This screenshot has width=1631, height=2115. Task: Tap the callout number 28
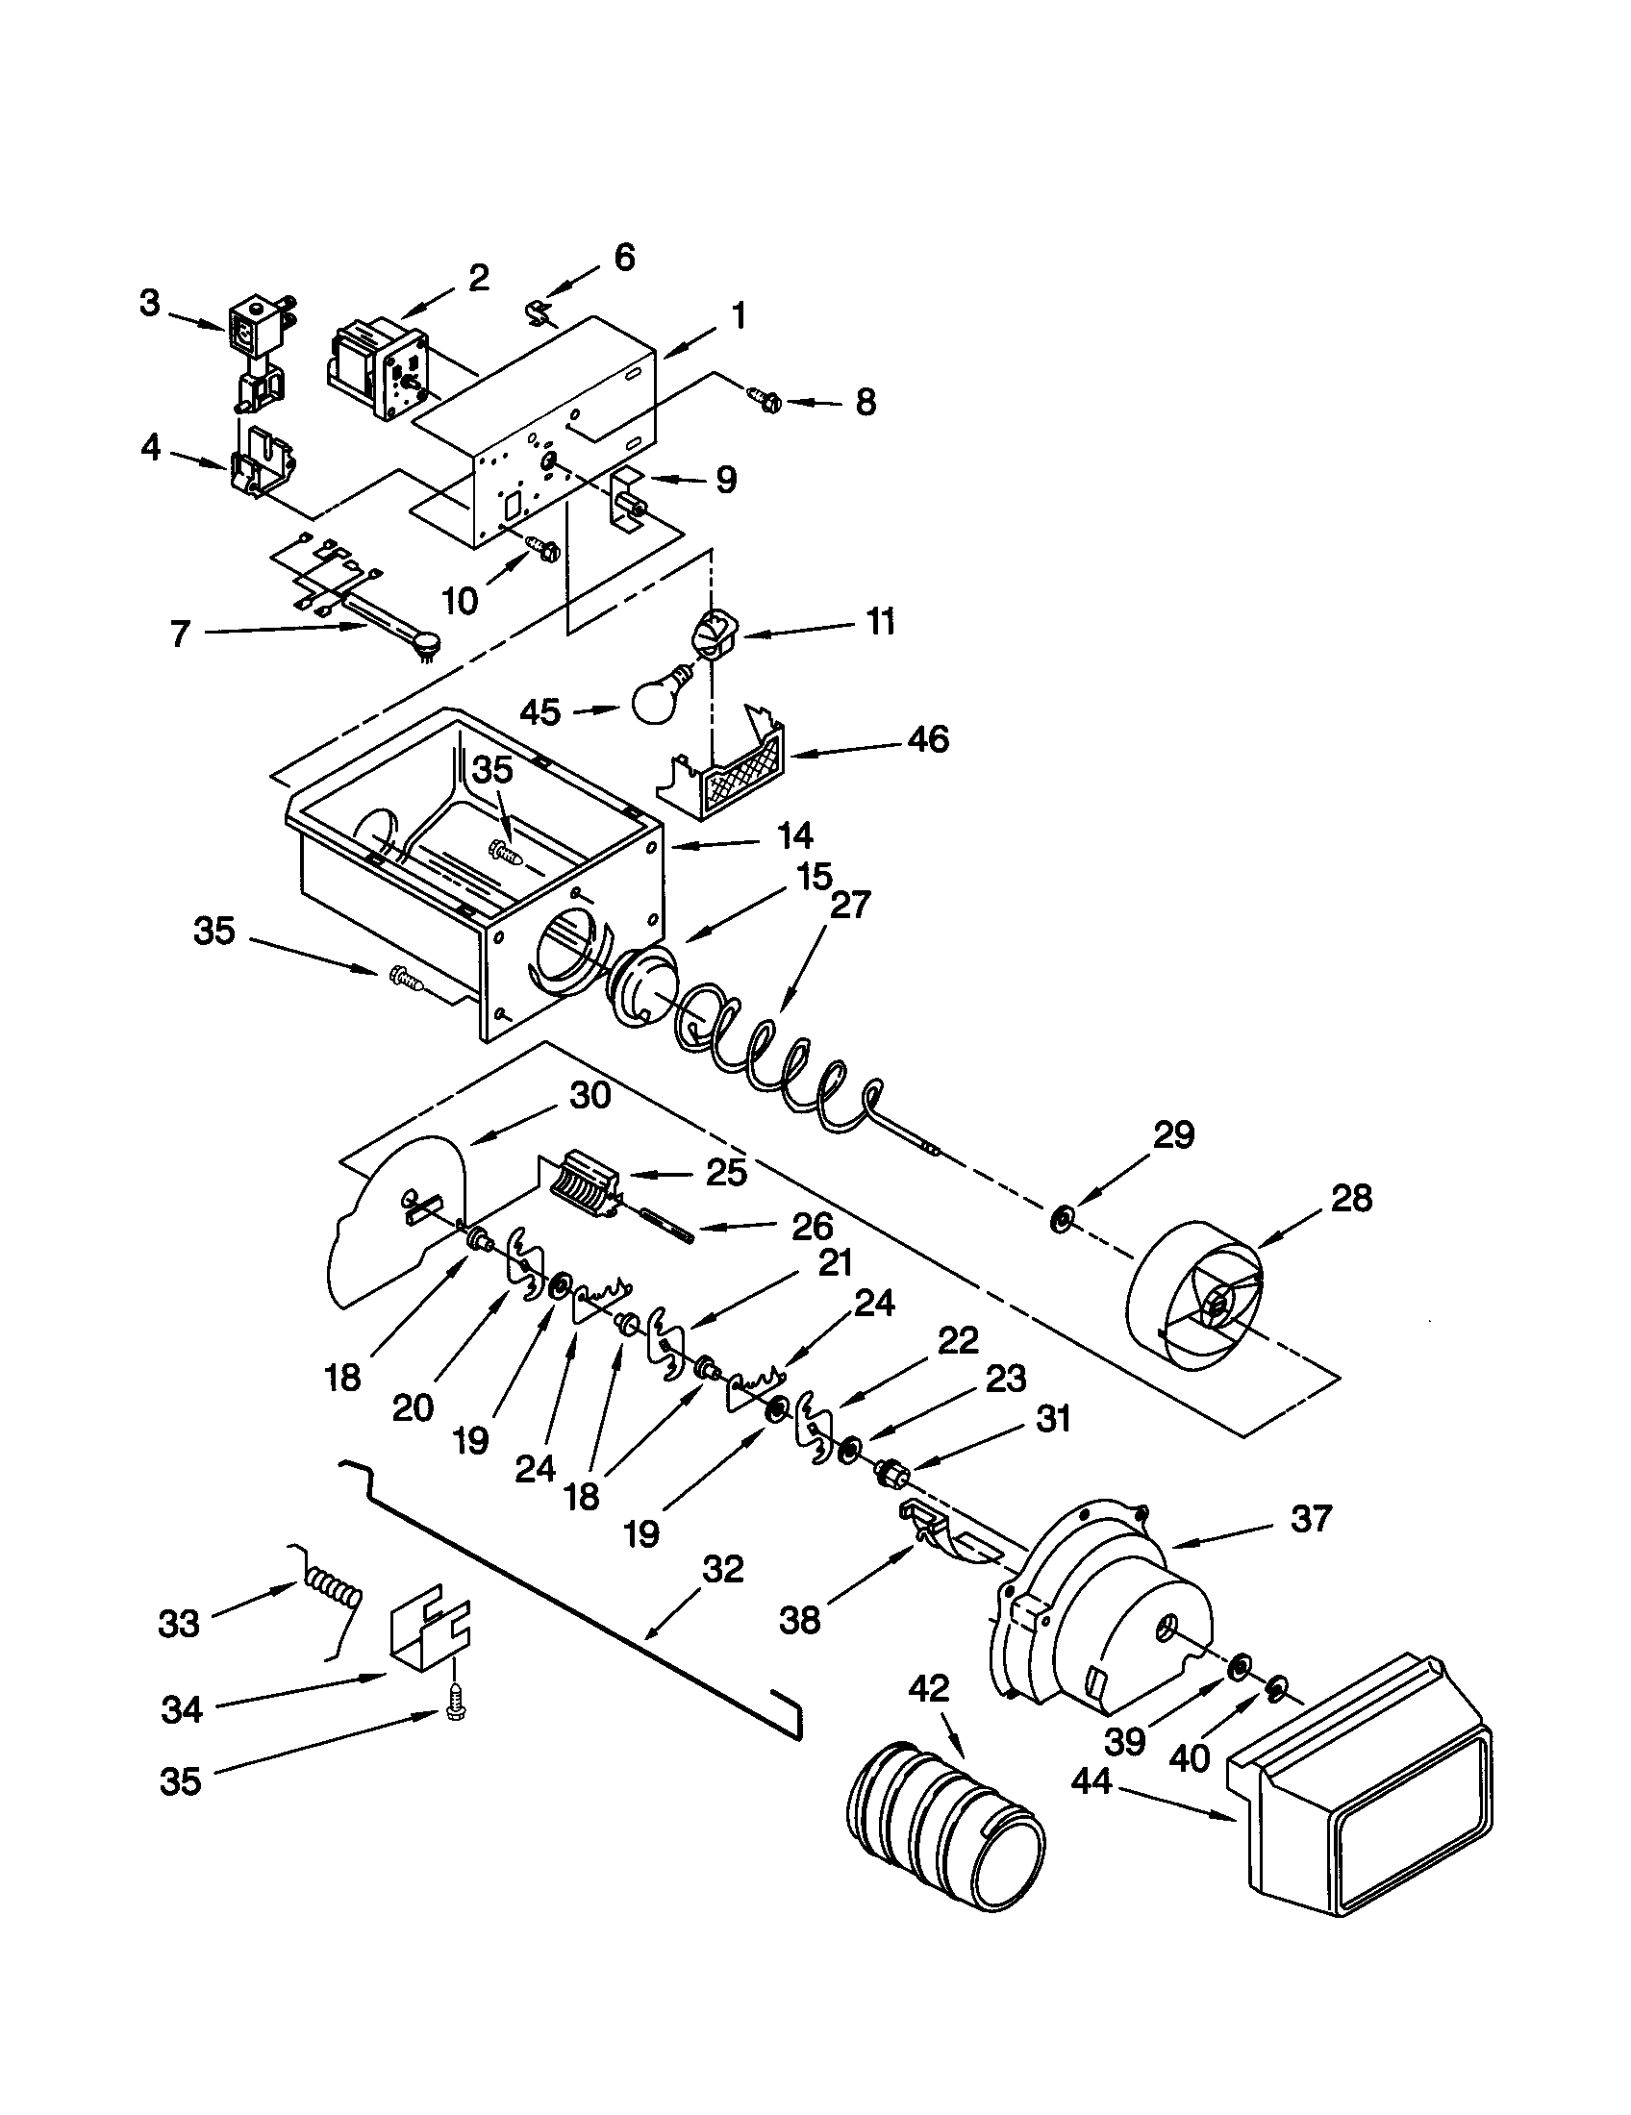tap(1351, 1199)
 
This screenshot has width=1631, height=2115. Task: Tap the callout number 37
tap(1311, 1517)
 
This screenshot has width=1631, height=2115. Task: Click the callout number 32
tap(722, 1569)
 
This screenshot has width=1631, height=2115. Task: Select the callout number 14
tap(794, 834)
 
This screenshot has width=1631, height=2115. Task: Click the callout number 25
tap(726, 1172)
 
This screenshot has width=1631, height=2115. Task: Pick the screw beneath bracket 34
tap(452, 1711)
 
